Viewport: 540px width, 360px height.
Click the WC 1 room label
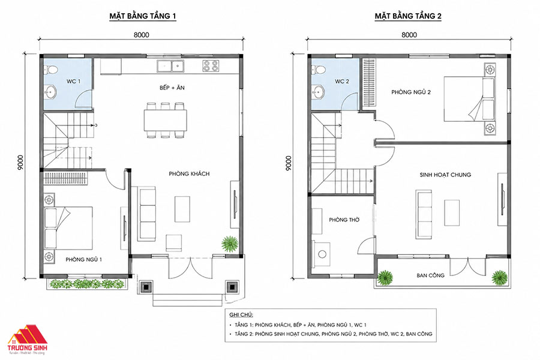coord(73,82)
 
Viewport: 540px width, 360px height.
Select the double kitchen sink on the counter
coord(170,66)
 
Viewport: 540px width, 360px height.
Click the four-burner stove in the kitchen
coord(211,65)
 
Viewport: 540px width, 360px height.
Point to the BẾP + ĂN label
coord(172,88)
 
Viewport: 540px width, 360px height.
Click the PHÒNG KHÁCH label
coord(189,173)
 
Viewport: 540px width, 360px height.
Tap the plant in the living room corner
coord(230,244)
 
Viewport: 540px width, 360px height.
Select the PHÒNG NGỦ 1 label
coord(83,259)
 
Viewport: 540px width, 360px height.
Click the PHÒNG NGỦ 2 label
coord(411,92)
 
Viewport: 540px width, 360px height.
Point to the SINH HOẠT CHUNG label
coord(445,175)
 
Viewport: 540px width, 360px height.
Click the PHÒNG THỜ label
coord(344,220)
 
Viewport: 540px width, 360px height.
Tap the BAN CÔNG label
coord(430,275)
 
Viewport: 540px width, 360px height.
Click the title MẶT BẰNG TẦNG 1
coord(143,16)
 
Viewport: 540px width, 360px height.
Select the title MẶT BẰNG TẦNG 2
coord(408,16)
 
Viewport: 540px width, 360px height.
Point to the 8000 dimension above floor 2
coord(409,35)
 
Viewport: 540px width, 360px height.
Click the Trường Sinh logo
coord(28,340)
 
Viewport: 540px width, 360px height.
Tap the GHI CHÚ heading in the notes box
coord(241,314)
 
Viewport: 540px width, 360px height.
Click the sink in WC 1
coord(50,92)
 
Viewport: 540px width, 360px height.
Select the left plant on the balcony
coord(385,278)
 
